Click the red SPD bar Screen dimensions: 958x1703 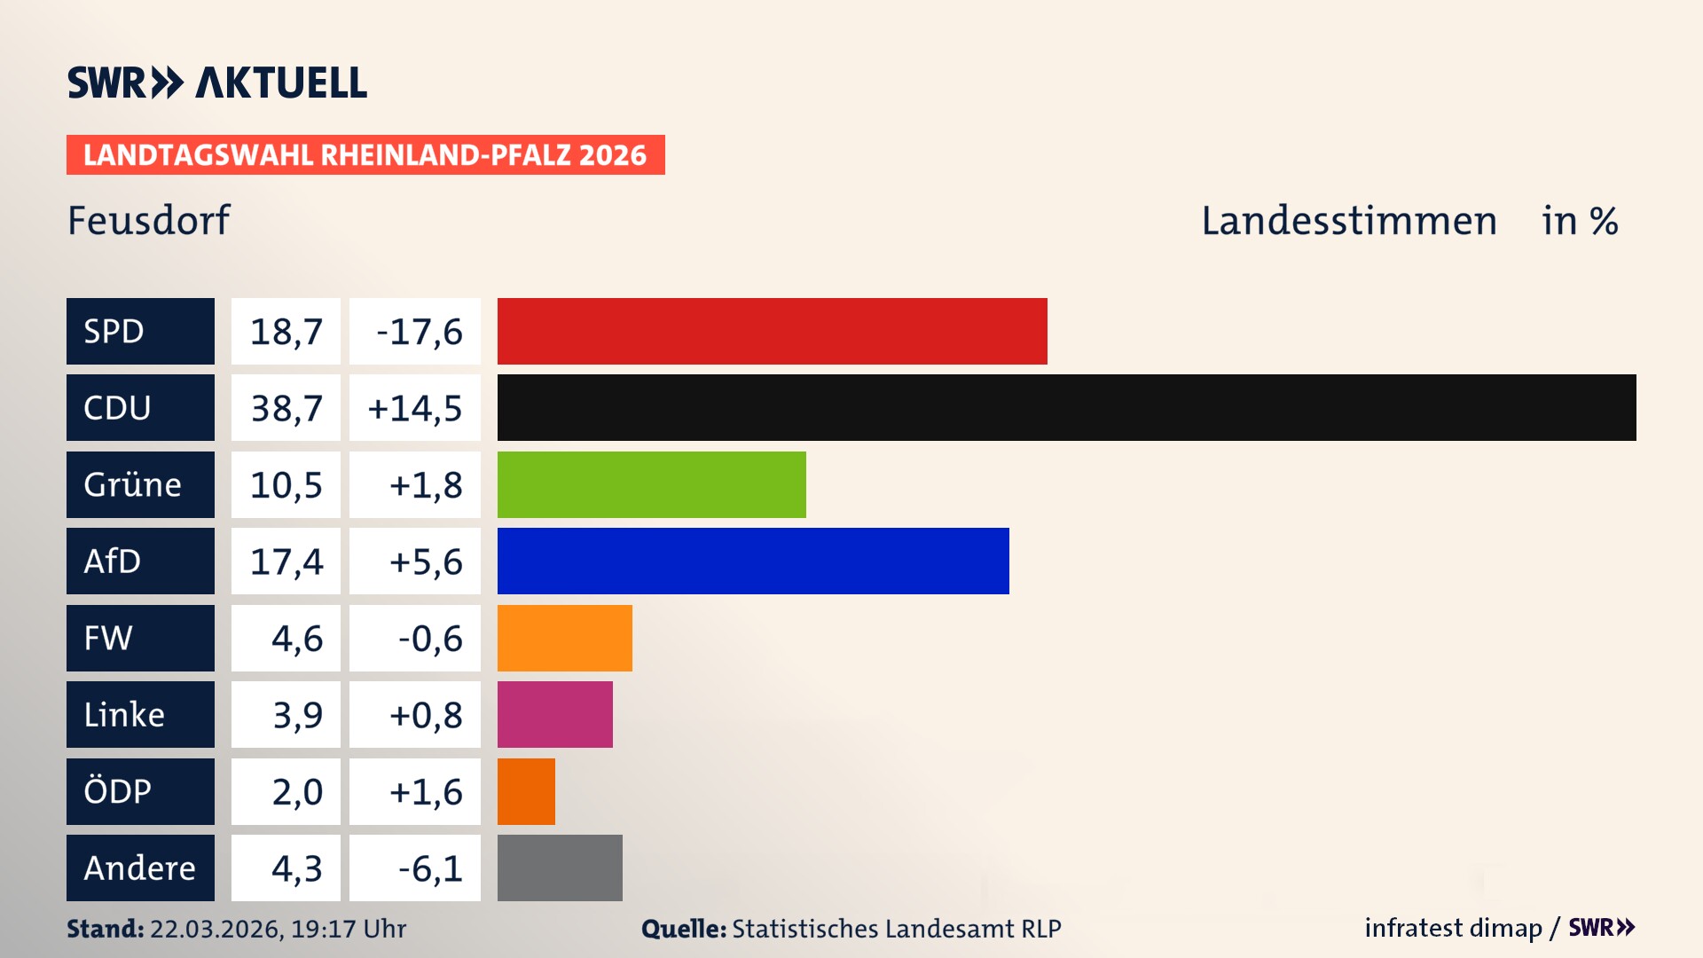pos(772,331)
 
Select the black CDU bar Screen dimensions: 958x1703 pos(1066,407)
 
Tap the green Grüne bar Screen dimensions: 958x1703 pos(651,484)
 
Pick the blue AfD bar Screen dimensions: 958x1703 pos(753,561)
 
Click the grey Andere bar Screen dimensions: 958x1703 pos(560,868)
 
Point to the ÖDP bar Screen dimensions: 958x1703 pos(526,791)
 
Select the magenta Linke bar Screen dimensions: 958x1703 pos(554,714)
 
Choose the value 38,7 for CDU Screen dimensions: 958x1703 pos(286,408)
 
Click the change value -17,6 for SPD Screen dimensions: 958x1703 pos(419,332)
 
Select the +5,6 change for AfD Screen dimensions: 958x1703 pos(425,561)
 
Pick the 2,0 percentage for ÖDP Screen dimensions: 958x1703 pos(297,791)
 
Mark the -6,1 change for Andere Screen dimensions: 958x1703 pos(430,868)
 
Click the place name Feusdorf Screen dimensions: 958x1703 pos(149,220)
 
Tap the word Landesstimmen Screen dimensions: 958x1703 pos(1348,221)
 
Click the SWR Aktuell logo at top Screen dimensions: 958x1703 pos(216,82)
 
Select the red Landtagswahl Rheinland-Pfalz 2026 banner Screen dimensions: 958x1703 pos(365,155)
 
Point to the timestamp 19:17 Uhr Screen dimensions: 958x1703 pos(348,929)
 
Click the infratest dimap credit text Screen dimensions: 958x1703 pos(1453,928)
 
